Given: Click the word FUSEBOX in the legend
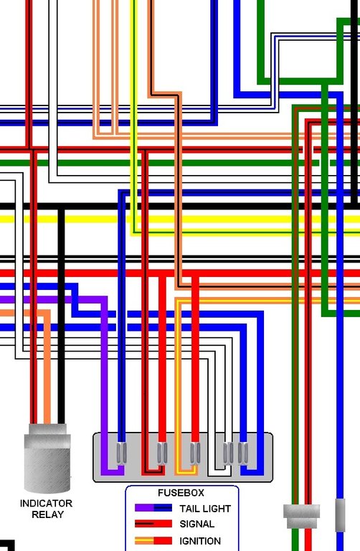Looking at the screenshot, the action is click(181, 493).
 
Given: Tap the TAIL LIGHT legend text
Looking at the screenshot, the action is click(205, 509).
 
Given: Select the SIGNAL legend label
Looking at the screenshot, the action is click(196, 524).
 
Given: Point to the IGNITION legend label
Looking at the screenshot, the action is click(200, 541).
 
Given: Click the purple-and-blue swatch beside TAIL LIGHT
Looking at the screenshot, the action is click(153, 508).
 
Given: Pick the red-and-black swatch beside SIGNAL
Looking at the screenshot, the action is click(153, 524).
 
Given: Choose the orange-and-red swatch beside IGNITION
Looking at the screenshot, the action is click(153, 540).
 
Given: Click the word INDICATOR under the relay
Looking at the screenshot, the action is click(46, 503).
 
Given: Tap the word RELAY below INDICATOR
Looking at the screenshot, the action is click(47, 514).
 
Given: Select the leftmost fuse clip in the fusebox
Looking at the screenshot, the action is click(121, 453).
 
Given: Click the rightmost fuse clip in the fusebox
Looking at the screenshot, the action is click(242, 453).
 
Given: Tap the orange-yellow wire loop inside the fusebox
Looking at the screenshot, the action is click(186, 472).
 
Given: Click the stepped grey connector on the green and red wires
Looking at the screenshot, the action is click(302, 517).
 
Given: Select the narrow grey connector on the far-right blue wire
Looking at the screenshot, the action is click(340, 515).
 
